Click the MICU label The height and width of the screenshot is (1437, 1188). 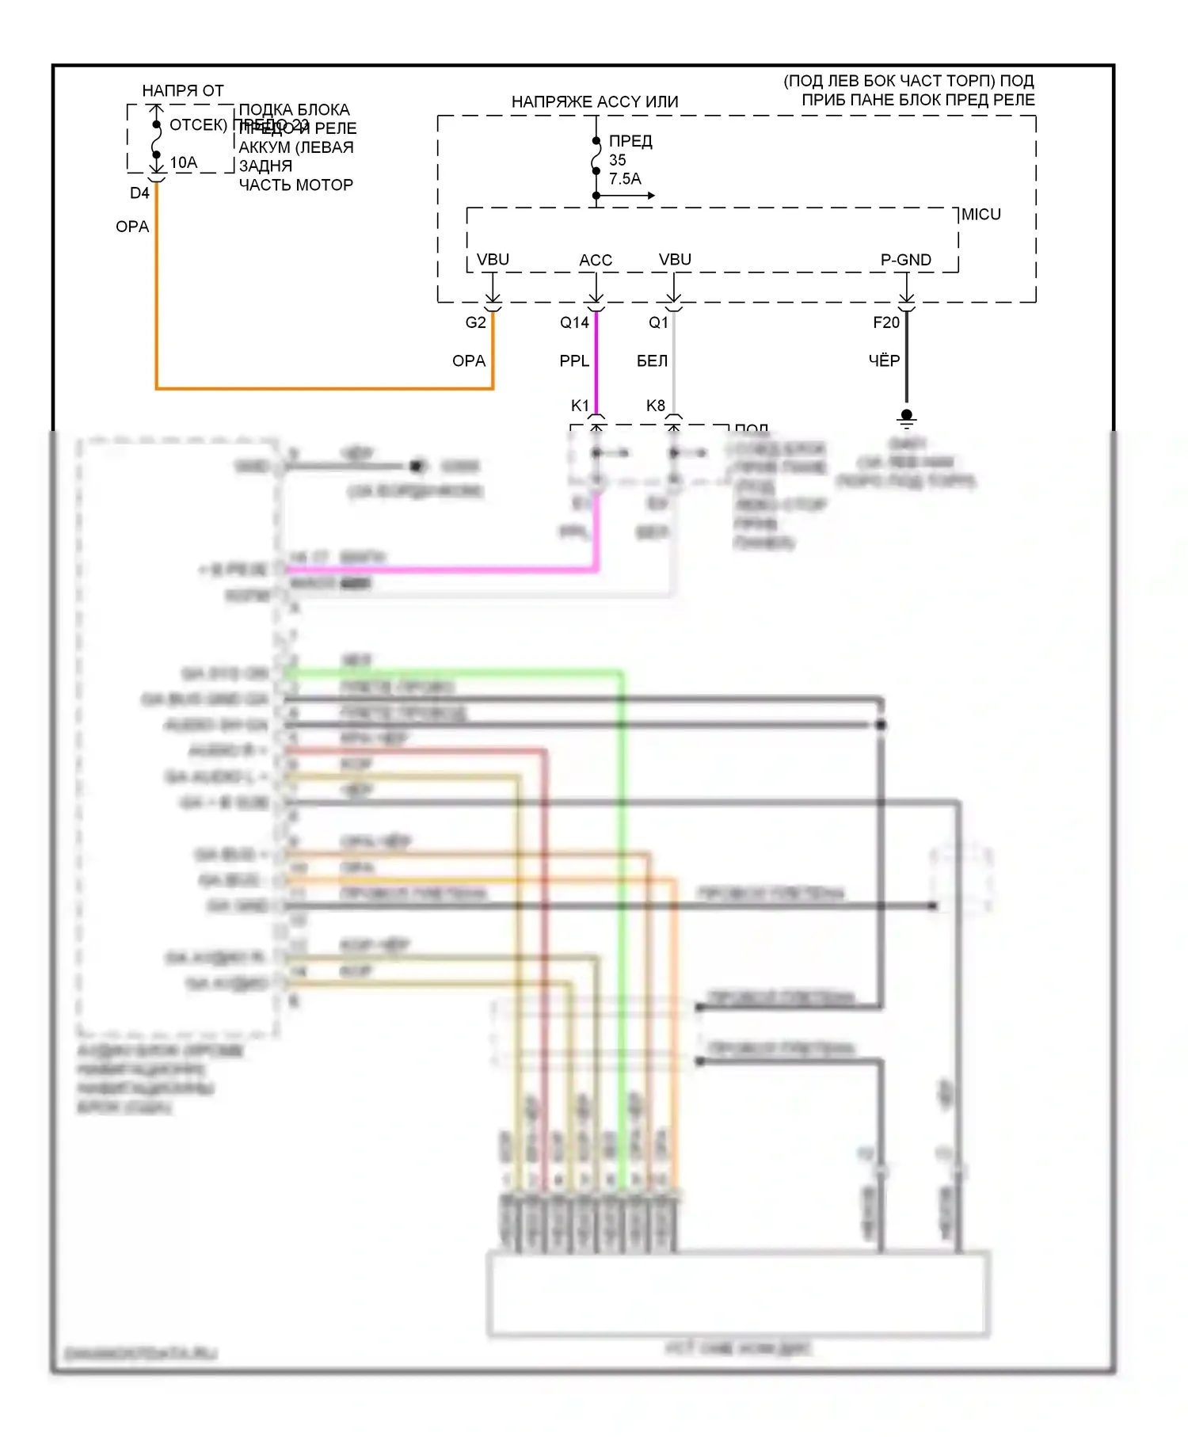point(980,215)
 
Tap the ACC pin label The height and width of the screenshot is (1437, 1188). point(596,260)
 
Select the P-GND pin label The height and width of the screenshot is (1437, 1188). point(905,260)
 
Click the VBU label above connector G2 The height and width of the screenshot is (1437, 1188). point(493,260)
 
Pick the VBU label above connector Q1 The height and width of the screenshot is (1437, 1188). point(675,260)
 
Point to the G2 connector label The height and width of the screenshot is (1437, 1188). point(475,322)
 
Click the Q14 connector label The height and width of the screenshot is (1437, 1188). point(574,322)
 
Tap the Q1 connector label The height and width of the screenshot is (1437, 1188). point(658,322)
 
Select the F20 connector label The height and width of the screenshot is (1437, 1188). point(886,322)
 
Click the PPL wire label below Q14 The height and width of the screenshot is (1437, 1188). point(574,361)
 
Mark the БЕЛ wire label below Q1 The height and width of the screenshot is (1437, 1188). point(652,361)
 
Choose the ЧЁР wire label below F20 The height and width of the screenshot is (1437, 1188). point(884,361)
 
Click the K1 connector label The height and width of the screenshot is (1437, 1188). point(580,406)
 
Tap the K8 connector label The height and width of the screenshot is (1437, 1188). point(655,406)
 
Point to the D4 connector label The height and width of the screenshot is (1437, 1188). point(139,193)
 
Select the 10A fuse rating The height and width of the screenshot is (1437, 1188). point(184,162)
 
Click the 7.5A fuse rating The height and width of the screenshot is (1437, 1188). point(625,179)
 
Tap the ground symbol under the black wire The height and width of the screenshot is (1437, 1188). point(907,418)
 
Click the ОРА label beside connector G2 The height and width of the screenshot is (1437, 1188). point(468,361)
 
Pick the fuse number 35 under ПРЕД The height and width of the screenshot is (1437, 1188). point(617,160)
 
